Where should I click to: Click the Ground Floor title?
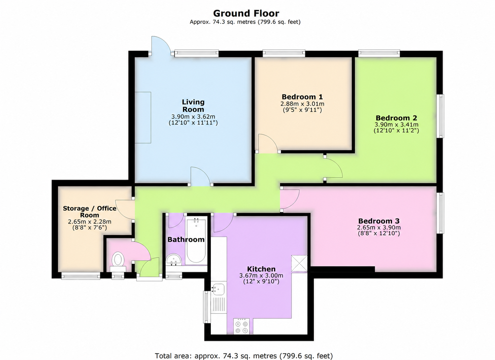246,13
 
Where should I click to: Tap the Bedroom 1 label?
302,97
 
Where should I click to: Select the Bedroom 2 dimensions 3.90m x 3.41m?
396,124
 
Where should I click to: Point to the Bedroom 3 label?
379,221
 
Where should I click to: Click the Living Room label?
193,106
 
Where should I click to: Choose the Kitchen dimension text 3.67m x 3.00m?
261,276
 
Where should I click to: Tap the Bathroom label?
186,240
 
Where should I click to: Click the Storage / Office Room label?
90,212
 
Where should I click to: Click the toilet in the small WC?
118,262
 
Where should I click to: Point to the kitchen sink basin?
218,289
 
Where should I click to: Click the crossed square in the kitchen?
299,263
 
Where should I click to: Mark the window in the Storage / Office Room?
81,276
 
